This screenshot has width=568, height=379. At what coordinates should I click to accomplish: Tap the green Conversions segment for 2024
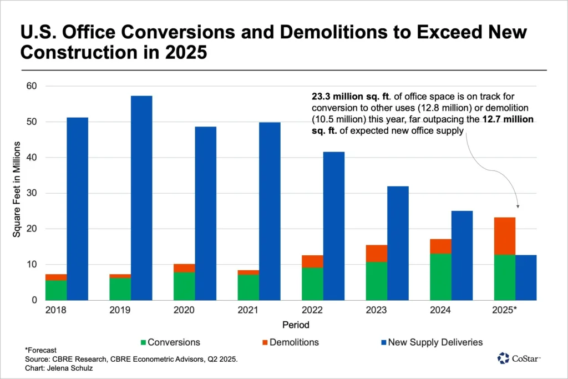coord(440,276)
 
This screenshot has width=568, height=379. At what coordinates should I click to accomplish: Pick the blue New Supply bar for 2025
coord(526,277)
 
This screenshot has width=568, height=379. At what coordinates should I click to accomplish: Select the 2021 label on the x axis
coord(248,310)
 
